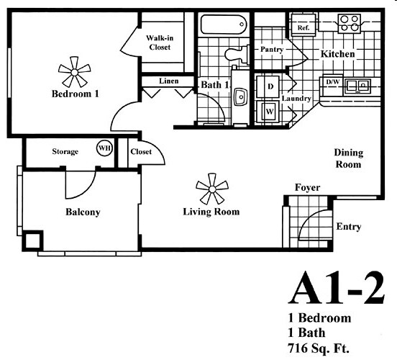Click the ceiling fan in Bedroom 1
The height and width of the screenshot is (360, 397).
tap(75, 72)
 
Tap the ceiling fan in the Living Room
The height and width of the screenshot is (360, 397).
tap(212, 189)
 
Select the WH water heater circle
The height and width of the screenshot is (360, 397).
tap(104, 148)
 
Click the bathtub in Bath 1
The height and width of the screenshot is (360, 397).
tap(224, 24)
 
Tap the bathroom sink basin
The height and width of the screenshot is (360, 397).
tap(240, 96)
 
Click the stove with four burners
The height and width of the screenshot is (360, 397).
tap(349, 23)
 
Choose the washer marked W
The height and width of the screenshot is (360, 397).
tap(268, 112)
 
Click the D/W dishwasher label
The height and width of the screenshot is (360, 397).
tap(333, 82)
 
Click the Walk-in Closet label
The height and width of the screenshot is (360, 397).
tap(160, 42)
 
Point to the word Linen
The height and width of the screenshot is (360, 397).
tap(169, 81)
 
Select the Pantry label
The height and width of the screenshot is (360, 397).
tap(272, 49)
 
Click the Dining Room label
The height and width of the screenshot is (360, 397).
tap(349, 158)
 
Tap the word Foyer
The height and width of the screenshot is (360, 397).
tap(307, 188)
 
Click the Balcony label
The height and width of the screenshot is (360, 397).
tap(83, 212)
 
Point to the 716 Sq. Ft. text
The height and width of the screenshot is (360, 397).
tap(319, 348)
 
